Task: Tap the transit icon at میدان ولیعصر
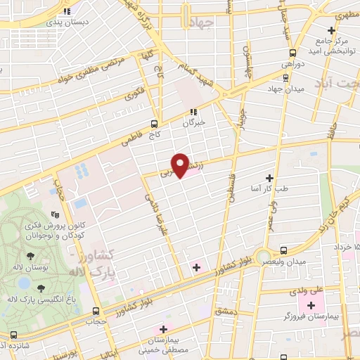[283, 250]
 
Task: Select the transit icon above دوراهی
[292, 53]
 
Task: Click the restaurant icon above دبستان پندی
[66, 12]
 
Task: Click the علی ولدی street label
[307, 290]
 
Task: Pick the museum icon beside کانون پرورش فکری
[55, 215]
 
